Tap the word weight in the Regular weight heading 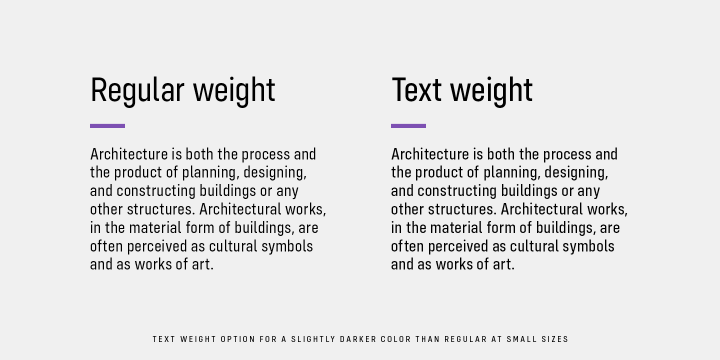click(x=234, y=91)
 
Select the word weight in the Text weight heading click(x=491, y=91)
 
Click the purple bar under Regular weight click(x=107, y=126)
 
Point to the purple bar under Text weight click(x=408, y=126)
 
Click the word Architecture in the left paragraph click(x=129, y=154)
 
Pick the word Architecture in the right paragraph click(x=430, y=154)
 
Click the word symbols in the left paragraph click(x=287, y=247)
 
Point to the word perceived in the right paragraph click(x=458, y=247)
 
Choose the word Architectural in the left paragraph click(x=240, y=209)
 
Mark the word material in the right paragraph click(x=456, y=228)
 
